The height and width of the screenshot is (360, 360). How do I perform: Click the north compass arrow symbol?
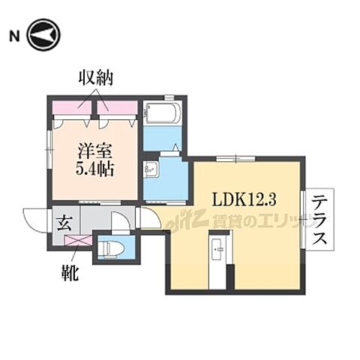45,35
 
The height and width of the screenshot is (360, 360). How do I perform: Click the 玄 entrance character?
64,223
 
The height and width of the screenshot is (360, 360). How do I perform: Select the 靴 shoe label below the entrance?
72,268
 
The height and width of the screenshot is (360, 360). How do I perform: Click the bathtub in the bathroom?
161,115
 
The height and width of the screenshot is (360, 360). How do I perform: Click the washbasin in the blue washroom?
149,168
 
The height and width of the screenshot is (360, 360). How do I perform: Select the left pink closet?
72,106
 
